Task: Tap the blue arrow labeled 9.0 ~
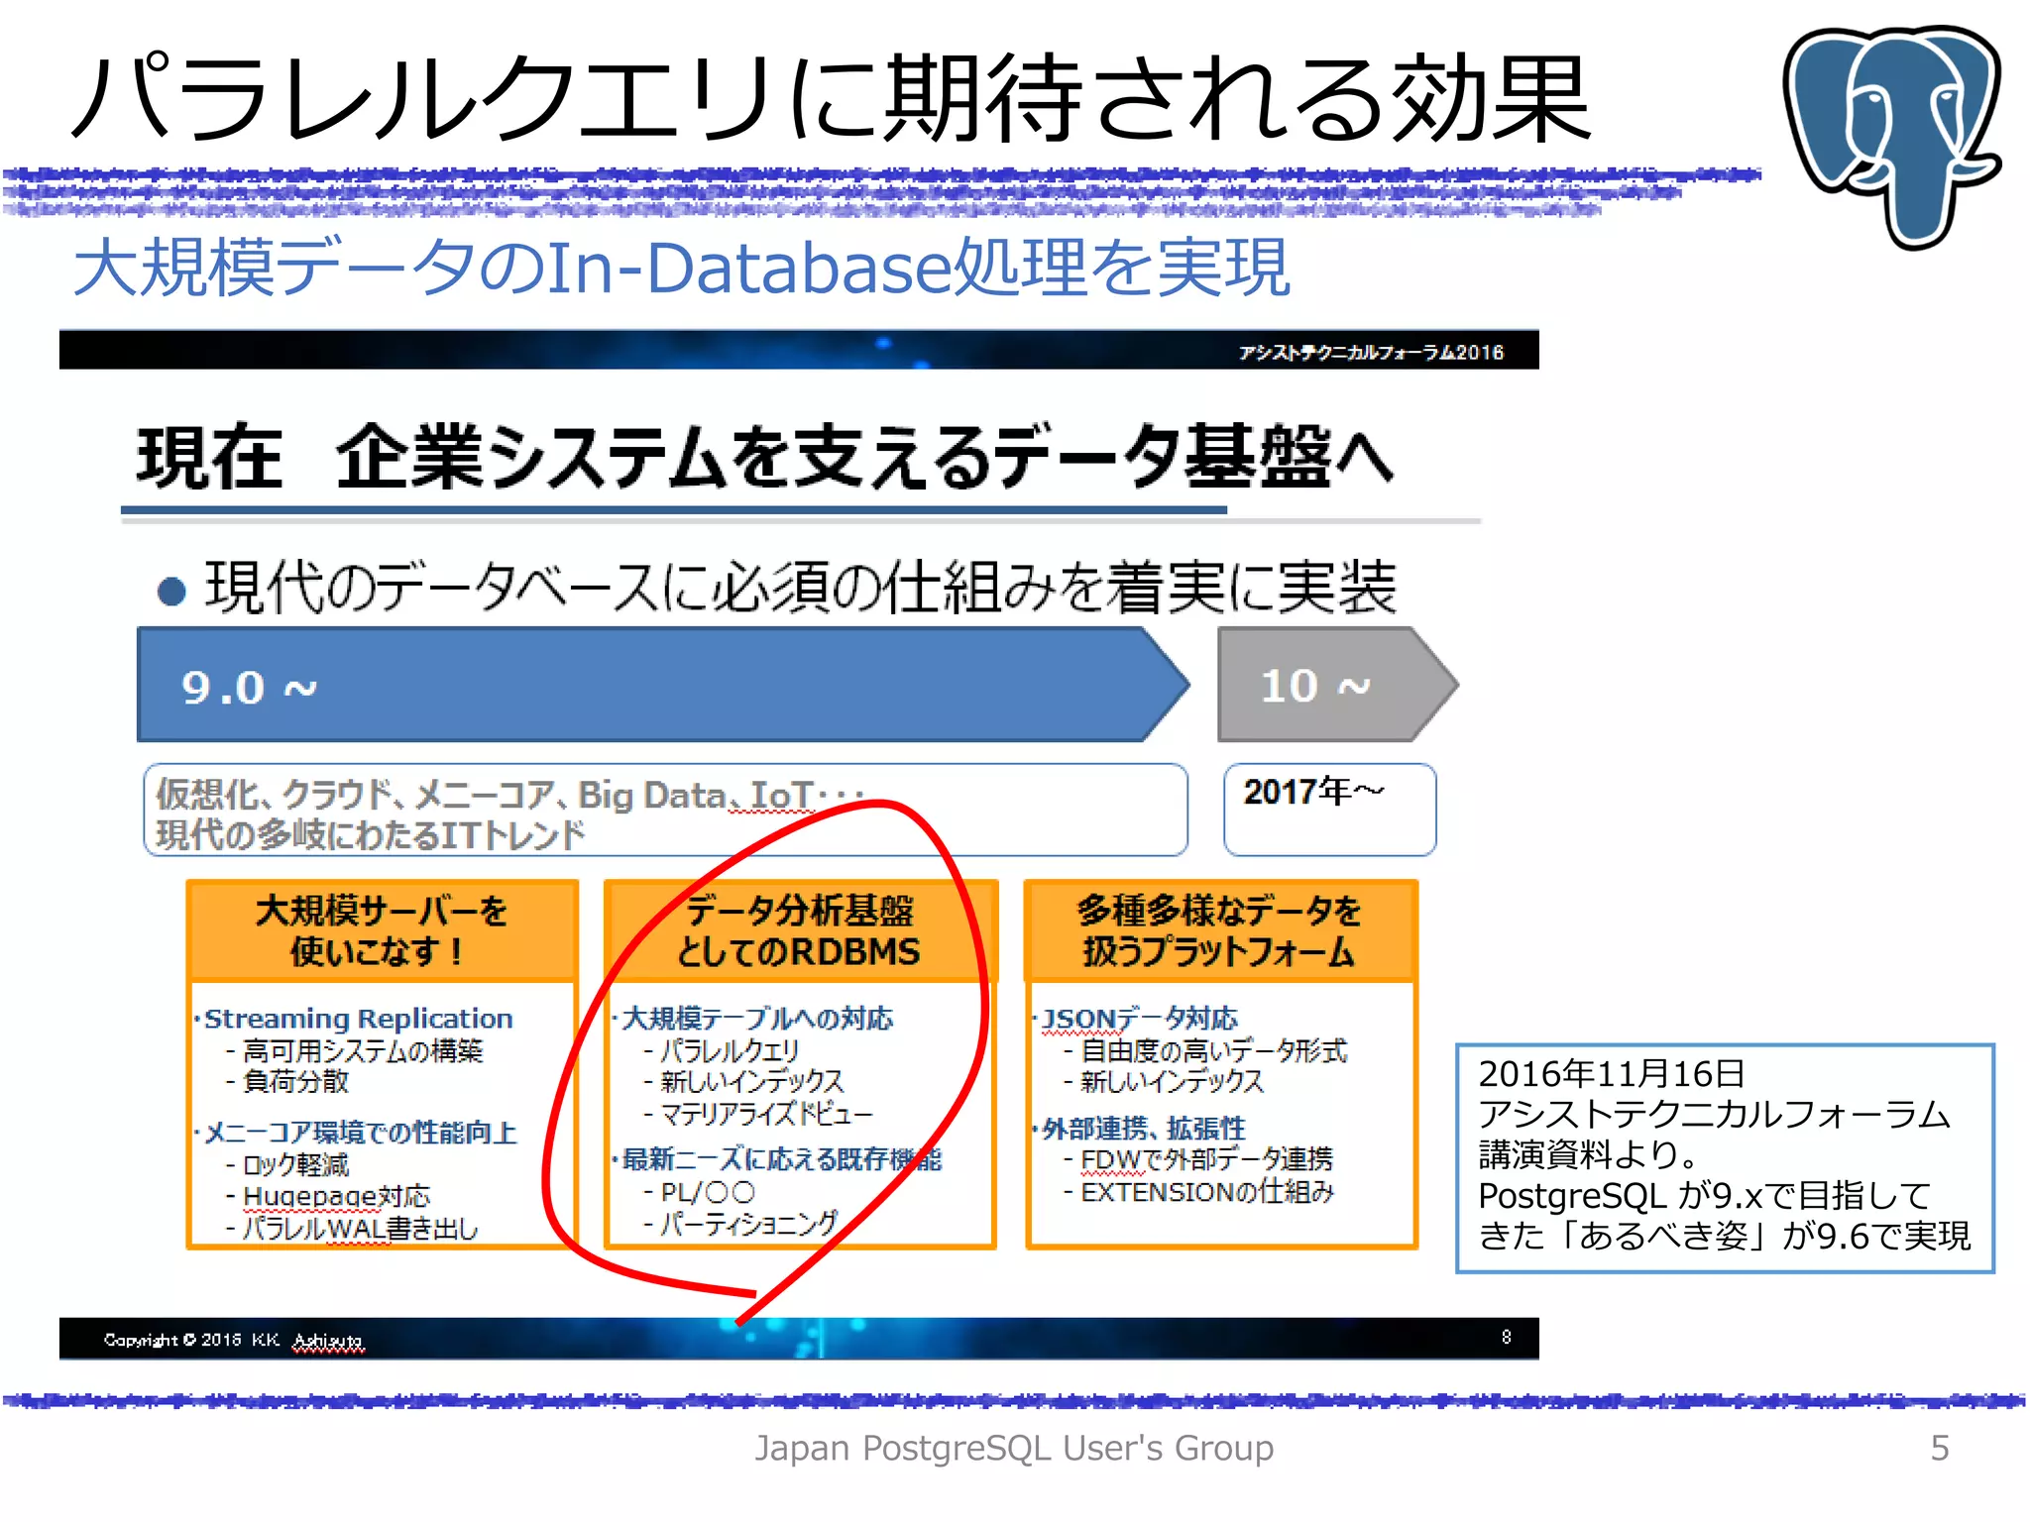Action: pyautogui.click(x=654, y=685)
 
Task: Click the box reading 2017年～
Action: pyautogui.click(x=1329, y=809)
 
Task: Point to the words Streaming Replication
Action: pyautogui.click(x=358, y=1019)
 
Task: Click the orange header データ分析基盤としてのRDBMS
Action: pyautogui.click(x=799, y=930)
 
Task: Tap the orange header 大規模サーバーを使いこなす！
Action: pyautogui.click(x=382, y=930)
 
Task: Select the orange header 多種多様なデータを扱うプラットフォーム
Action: pyautogui.click(x=1220, y=930)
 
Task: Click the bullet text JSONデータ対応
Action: pyautogui.click(x=1140, y=1019)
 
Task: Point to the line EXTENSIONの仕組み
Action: pyautogui.click(x=1207, y=1192)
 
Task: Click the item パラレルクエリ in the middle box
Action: pyautogui.click(x=729, y=1050)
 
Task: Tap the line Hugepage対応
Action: pyautogui.click(x=336, y=1196)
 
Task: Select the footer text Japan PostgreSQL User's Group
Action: pyautogui.click(x=1014, y=1448)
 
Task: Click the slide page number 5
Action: pyautogui.click(x=1940, y=1448)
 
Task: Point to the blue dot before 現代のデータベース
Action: pyautogui.click(x=171, y=592)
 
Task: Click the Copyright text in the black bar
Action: pyautogui.click(x=233, y=1340)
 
